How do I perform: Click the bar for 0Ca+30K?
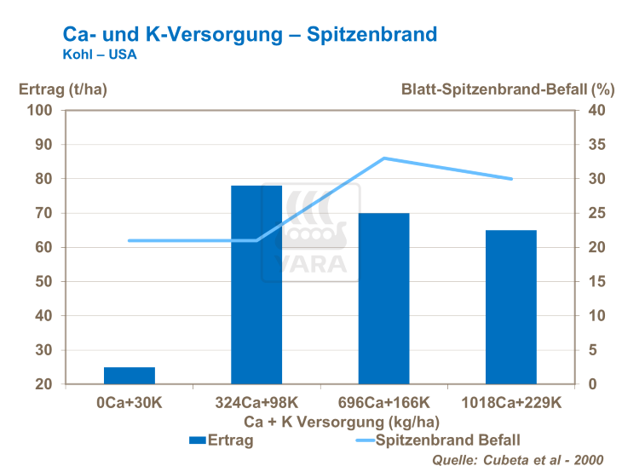pyautogui.click(x=130, y=376)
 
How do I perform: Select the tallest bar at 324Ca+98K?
pyautogui.click(x=256, y=285)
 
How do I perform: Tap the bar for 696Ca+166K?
pyautogui.click(x=383, y=298)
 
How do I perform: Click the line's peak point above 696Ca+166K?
pyautogui.click(x=383, y=158)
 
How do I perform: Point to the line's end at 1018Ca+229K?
pyautogui.click(x=511, y=179)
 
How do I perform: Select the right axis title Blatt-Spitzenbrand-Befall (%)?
pyautogui.click(x=507, y=88)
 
